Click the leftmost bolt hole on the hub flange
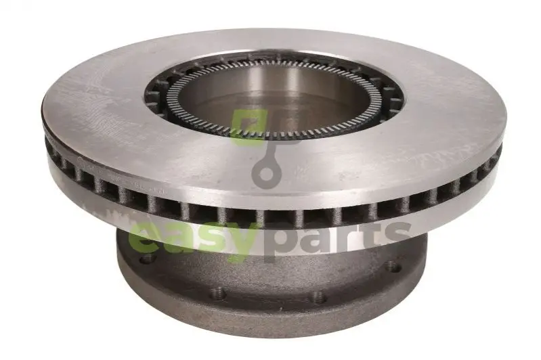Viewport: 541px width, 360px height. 148,258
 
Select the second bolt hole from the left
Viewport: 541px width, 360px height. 218,294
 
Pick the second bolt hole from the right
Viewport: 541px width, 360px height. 318,296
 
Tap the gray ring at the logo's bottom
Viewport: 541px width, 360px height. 266,173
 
